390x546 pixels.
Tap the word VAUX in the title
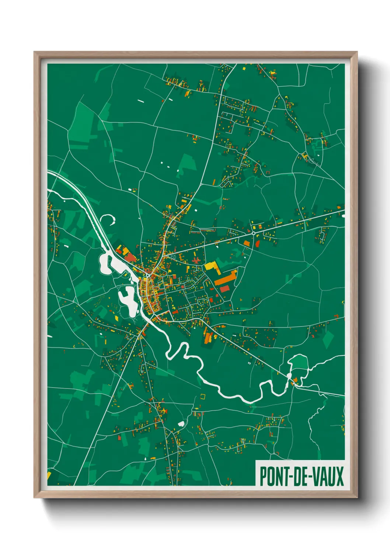point(328,476)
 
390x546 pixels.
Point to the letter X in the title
point(339,476)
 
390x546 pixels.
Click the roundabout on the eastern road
point(254,233)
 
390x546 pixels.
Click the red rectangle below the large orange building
point(224,288)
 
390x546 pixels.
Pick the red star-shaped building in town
point(196,261)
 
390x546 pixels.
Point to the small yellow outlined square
point(202,397)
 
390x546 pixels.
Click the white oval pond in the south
point(181,424)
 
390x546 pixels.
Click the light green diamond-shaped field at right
point(328,339)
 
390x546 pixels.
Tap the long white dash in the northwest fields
point(140,100)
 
